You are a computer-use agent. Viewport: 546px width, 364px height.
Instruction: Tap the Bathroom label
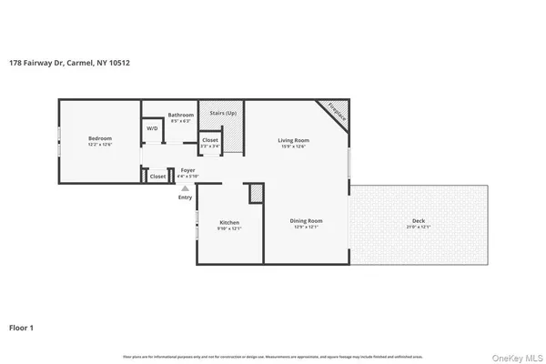click(180, 115)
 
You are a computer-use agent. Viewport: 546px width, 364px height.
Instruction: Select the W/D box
click(152, 129)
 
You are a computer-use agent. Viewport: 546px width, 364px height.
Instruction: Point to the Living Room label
click(294, 139)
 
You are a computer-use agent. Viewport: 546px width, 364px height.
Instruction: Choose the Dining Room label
click(306, 221)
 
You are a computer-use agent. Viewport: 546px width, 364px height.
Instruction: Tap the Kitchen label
click(228, 222)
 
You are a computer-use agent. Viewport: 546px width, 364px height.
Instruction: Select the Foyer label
click(187, 169)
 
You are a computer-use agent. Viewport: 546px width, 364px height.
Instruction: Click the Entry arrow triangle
click(185, 187)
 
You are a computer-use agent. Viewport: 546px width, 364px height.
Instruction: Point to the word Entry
click(185, 197)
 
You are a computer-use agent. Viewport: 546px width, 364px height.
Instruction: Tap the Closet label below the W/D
click(157, 177)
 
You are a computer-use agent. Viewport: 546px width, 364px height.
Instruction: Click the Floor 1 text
click(22, 326)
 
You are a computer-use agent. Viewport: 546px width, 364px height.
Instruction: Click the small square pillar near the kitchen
click(256, 193)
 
